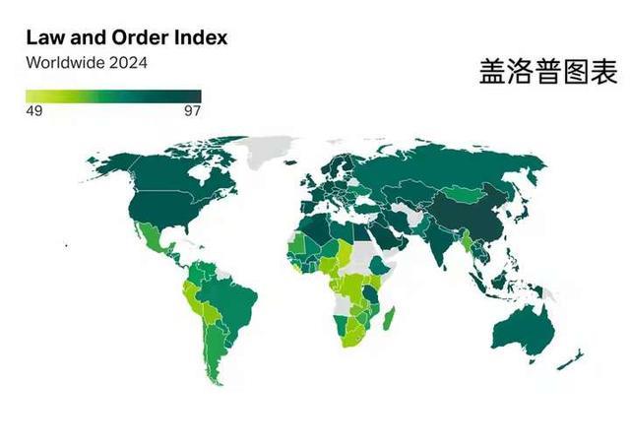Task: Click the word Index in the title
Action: pyautogui.click(x=202, y=38)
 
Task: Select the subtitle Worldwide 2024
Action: pyautogui.click(x=87, y=62)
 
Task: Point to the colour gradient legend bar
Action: pyautogui.click(x=113, y=96)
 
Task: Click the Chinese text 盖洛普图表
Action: pyautogui.click(x=547, y=72)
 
